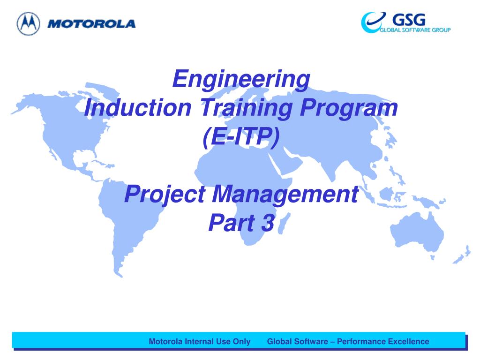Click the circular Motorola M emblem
(x=28, y=23)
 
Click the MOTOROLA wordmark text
(x=91, y=24)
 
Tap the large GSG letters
(x=409, y=20)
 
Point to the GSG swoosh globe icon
(x=373, y=22)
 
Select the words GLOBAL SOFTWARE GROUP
(x=415, y=30)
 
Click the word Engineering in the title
(x=241, y=79)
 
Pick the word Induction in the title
(x=138, y=108)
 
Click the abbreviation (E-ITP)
(x=241, y=137)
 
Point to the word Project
(x=165, y=195)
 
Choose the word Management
(x=285, y=195)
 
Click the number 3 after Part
(x=268, y=223)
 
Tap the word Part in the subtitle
(x=232, y=223)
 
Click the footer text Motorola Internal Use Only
(x=200, y=341)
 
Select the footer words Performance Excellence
(x=383, y=341)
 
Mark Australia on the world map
(x=417, y=231)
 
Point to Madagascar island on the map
(x=284, y=224)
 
